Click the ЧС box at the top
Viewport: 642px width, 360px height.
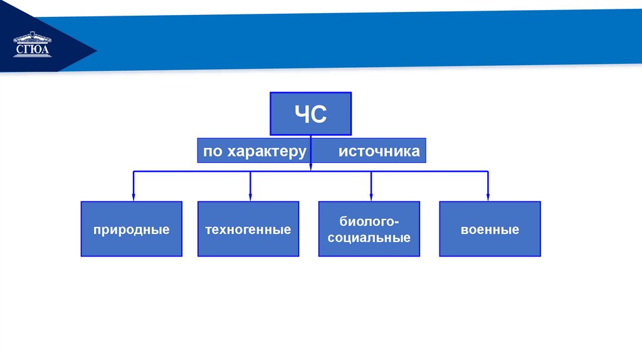point(310,114)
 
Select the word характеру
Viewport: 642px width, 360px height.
point(267,152)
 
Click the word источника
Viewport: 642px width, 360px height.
point(379,152)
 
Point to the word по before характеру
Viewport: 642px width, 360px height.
point(213,152)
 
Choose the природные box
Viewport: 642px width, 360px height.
point(132,229)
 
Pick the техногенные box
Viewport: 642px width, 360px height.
point(248,229)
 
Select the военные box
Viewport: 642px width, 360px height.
point(490,229)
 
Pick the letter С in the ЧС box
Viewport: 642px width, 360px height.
point(319,115)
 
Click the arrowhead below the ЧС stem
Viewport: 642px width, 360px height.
point(310,166)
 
